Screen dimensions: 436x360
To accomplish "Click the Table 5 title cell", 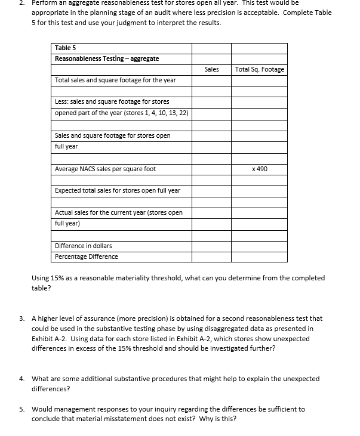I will tap(65, 48).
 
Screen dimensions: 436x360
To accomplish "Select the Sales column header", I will tap(211, 69).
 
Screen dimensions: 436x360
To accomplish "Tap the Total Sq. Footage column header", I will tap(260, 69).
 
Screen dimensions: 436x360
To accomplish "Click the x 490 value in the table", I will tap(260, 169).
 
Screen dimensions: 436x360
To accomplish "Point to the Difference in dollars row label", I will tap(83, 246).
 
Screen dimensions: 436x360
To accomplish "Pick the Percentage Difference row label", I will tap(86, 256).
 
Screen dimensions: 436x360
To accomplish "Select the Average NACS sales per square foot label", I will tap(105, 169).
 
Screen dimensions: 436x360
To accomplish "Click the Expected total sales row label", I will tap(117, 190).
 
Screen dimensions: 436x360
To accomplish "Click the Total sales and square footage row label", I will tap(115, 80).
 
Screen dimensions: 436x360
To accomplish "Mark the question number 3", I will tap(21, 319).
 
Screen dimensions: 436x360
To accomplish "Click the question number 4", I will tap(21, 379).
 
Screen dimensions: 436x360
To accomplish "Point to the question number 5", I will tap(21, 409).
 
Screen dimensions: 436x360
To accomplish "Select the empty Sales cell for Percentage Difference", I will tap(211, 256).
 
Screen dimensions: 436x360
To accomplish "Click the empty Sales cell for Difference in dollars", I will tap(211, 246).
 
